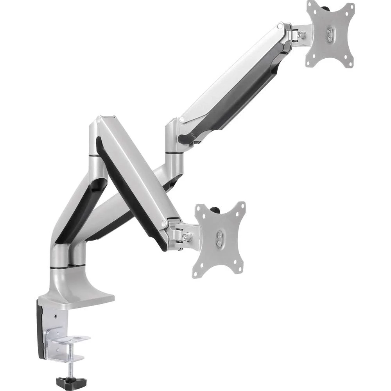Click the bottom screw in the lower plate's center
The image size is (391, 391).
pos(219,243)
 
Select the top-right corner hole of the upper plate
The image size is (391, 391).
pos(351,7)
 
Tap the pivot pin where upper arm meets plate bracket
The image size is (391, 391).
pos(280,26)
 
